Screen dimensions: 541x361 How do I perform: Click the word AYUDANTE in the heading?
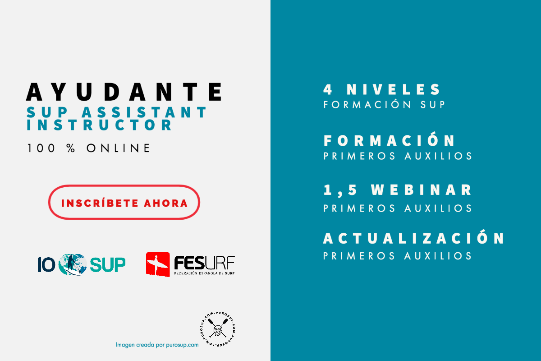click(124, 92)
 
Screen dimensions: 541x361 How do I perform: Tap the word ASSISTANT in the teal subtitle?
click(144, 112)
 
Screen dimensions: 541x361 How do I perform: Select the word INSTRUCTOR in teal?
click(99, 125)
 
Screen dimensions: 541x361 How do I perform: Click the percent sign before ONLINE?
click(71, 148)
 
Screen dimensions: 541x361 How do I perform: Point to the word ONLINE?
click(118, 148)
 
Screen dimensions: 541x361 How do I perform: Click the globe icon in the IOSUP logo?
click(73, 264)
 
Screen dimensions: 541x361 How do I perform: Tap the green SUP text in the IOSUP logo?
click(108, 265)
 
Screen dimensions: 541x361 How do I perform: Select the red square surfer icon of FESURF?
click(158, 264)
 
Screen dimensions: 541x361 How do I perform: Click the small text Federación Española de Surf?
click(204, 273)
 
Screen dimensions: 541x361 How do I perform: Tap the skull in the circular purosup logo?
click(218, 330)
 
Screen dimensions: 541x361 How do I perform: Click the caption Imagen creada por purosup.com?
click(157, 345)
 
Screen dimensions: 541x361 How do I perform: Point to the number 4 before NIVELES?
click(328, 89)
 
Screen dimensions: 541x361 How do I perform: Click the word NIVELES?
click(394, 89)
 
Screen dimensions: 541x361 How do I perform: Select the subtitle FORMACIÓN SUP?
click(384, 105)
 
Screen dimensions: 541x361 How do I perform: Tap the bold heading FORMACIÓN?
click(389, 140)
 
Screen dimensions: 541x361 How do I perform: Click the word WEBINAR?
click(421, 190)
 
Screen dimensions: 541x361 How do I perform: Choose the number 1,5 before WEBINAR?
click(340, 190)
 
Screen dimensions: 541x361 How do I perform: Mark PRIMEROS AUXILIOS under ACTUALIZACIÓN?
click(398, 256)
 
